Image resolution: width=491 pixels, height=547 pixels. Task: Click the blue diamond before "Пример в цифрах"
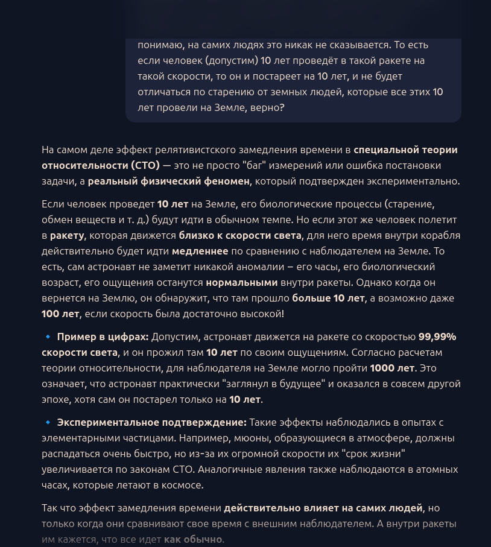point(47,337)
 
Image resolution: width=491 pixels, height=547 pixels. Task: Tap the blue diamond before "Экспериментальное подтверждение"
point(47,422)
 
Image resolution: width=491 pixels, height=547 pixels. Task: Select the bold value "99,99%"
point(437,337)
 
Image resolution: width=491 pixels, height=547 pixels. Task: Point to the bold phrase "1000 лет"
point(392,368)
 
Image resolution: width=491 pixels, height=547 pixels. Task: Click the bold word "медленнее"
point(200,251)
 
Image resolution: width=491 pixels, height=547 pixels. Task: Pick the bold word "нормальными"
point(241,282)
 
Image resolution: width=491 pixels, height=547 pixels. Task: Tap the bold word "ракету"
point(66,235)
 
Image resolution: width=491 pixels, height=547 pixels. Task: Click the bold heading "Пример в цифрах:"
point(103,337)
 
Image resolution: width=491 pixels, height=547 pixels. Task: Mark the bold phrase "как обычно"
point(193,539)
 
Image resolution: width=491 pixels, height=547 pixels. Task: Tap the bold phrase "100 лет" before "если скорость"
point(60,314)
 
